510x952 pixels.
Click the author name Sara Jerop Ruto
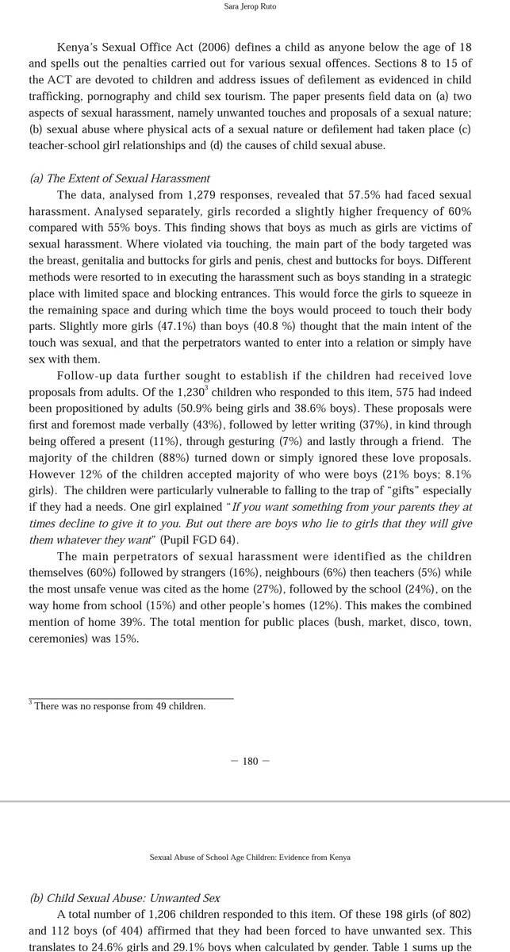(x=255, y=9)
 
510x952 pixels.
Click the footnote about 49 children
(x=119, y=705)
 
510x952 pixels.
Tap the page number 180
(x=250, y=761)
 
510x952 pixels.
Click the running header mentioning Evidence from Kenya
(x=250, y=857)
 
